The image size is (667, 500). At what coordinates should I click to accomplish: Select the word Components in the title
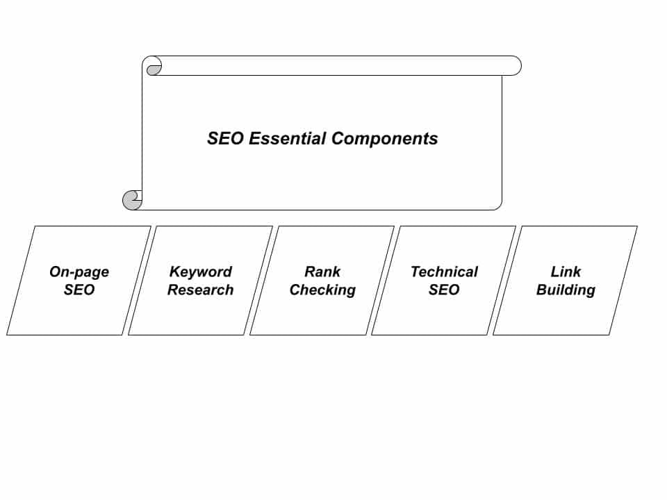coord(384,138)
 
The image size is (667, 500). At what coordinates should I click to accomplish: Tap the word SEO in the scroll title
coord(225,138)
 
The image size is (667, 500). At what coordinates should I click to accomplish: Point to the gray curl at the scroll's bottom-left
coord(132,200)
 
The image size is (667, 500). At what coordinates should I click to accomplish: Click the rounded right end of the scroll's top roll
coord(514,66)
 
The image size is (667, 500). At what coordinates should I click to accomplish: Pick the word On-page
coord(79,272)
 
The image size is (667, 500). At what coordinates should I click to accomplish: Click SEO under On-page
coord(79,290)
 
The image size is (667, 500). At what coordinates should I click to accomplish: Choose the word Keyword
coord(201,272)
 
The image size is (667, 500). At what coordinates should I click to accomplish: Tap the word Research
coord(200,290)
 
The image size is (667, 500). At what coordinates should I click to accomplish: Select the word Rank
coord(322,272)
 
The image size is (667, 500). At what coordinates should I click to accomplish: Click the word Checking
coord(322,290)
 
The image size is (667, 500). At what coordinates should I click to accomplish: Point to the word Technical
coord(445,272)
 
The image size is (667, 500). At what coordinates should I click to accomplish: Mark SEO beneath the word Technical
coord(444,290)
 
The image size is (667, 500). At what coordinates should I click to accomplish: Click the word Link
coord(566,272)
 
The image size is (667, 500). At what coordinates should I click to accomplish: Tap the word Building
coord(566,290)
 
